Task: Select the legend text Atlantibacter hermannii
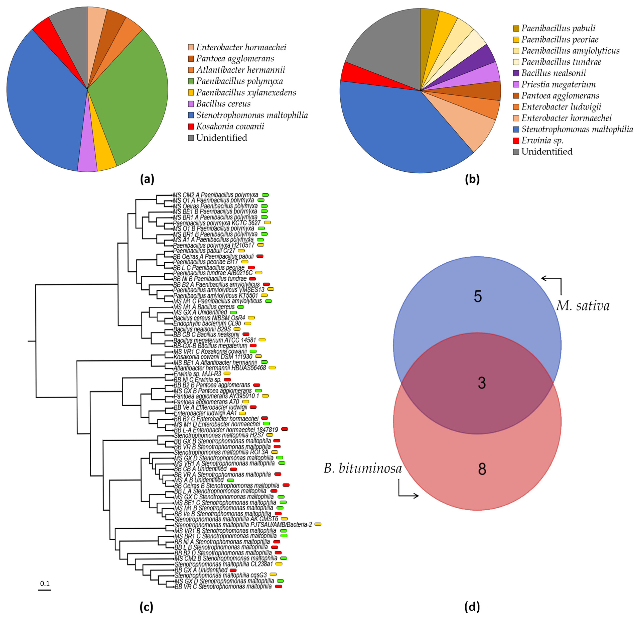[241, 70]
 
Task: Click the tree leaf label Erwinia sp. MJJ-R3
[197, 374]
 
